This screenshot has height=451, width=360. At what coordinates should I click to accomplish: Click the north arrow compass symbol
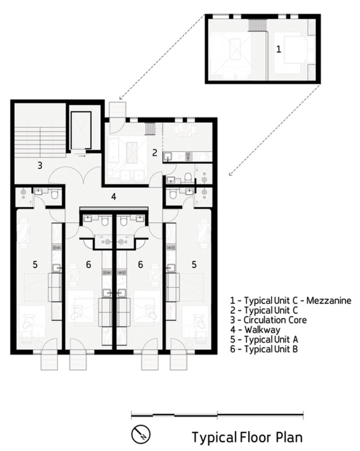[141, 434]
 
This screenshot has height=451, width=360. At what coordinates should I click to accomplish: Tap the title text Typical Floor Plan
[247, 437]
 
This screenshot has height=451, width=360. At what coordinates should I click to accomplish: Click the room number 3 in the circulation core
[40, 166]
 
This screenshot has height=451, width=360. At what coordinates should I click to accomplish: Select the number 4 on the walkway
[114, 197]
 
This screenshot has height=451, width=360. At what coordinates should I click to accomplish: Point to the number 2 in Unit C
[155, 153]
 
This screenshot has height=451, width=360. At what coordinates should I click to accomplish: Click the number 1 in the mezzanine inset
[278, 49]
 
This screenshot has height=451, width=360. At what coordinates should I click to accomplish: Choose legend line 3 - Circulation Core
[268, 320]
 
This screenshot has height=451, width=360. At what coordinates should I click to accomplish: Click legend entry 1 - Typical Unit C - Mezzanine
[290, 301]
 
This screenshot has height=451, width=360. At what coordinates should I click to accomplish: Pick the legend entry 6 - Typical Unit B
[264, 349]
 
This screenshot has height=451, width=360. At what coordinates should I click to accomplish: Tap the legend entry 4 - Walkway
[255, 329]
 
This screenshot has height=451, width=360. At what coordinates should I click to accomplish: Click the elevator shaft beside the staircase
[81, 130]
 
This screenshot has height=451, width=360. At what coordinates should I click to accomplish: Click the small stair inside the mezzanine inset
[254, 25]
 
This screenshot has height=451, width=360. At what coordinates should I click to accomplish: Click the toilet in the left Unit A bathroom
[54, 195]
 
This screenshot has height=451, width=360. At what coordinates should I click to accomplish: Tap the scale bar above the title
[217, 415]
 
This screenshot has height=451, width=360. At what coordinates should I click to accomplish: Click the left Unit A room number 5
[35, 264]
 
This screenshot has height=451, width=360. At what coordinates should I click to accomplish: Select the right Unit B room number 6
[140, 264]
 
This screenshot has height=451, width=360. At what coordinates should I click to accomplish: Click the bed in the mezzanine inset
[291, 52]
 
